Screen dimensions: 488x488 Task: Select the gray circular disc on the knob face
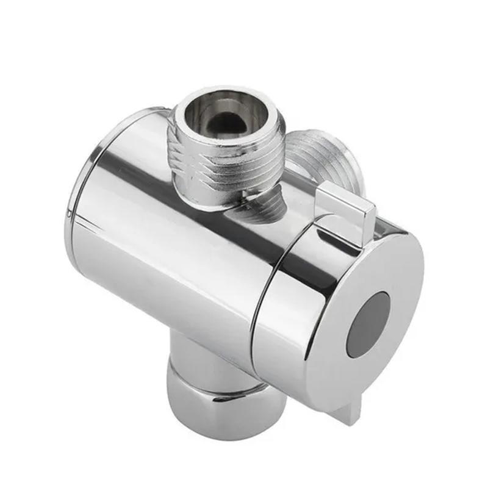click(x=368, y=323)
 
